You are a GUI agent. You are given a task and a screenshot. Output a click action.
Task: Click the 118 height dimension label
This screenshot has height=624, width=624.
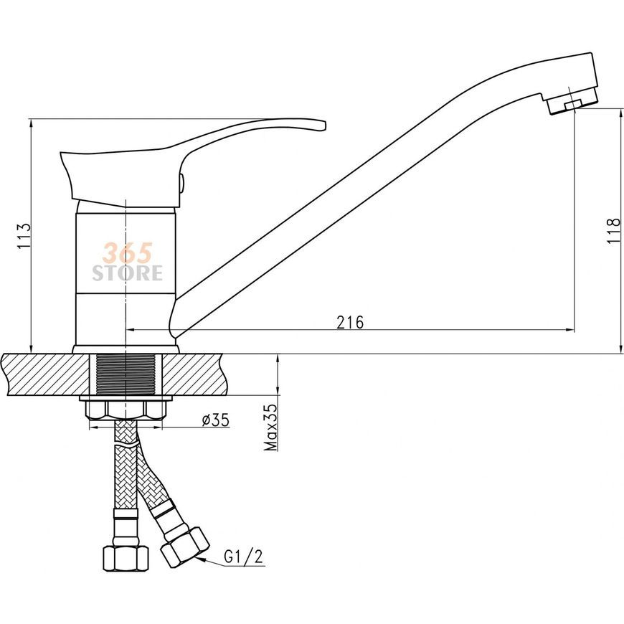(614, 231)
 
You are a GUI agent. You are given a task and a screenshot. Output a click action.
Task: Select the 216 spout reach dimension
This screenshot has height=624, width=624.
(350, 322)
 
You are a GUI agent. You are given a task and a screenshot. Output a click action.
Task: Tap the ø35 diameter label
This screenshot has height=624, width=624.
(216, 420)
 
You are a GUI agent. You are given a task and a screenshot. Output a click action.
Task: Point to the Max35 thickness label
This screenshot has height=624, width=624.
(271, 427)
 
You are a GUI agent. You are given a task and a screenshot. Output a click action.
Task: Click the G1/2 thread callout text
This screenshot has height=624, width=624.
(244, 557)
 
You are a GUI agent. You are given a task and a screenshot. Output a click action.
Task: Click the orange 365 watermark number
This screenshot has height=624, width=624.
(128, 253)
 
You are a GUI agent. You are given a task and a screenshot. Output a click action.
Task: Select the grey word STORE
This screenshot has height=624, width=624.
(128, 273)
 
